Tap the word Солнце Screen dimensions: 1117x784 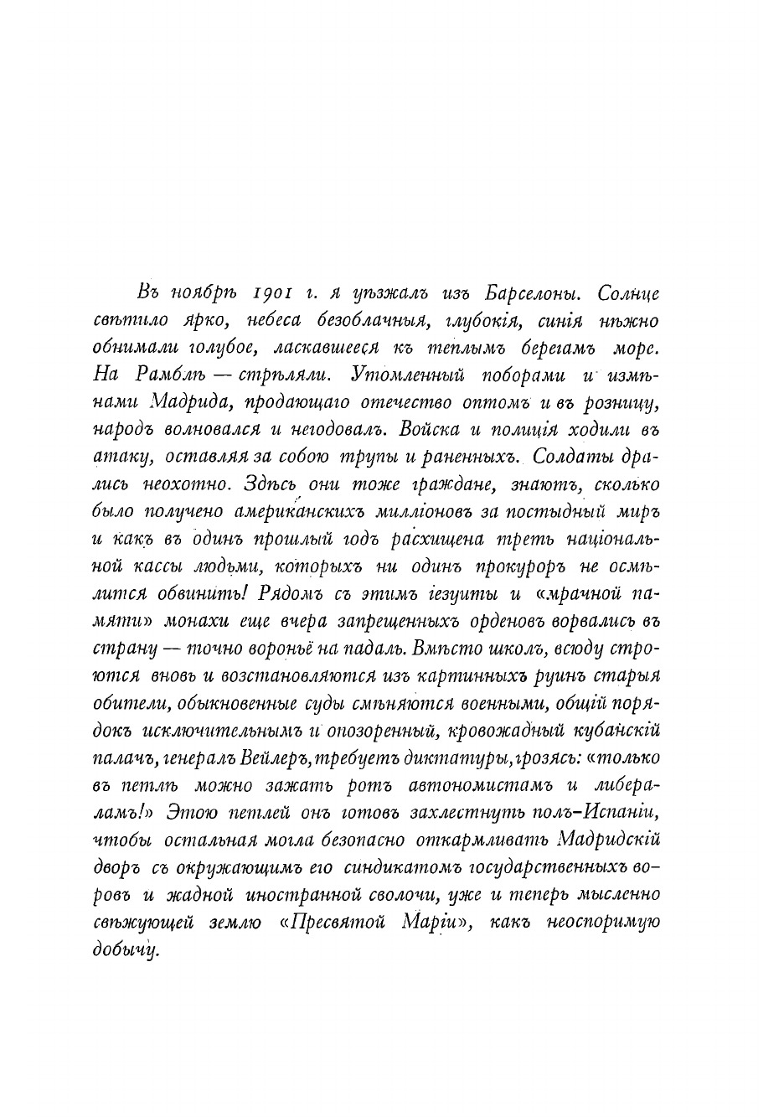pyautogui.click(x=629, y=294)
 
